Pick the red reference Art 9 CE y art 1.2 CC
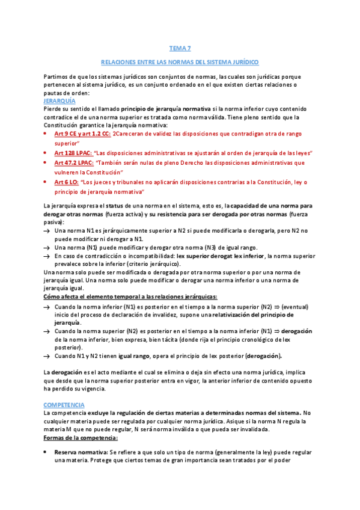tap(82, 134)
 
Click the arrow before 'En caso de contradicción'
tap(47, 256)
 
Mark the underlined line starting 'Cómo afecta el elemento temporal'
tap(130, 297)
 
